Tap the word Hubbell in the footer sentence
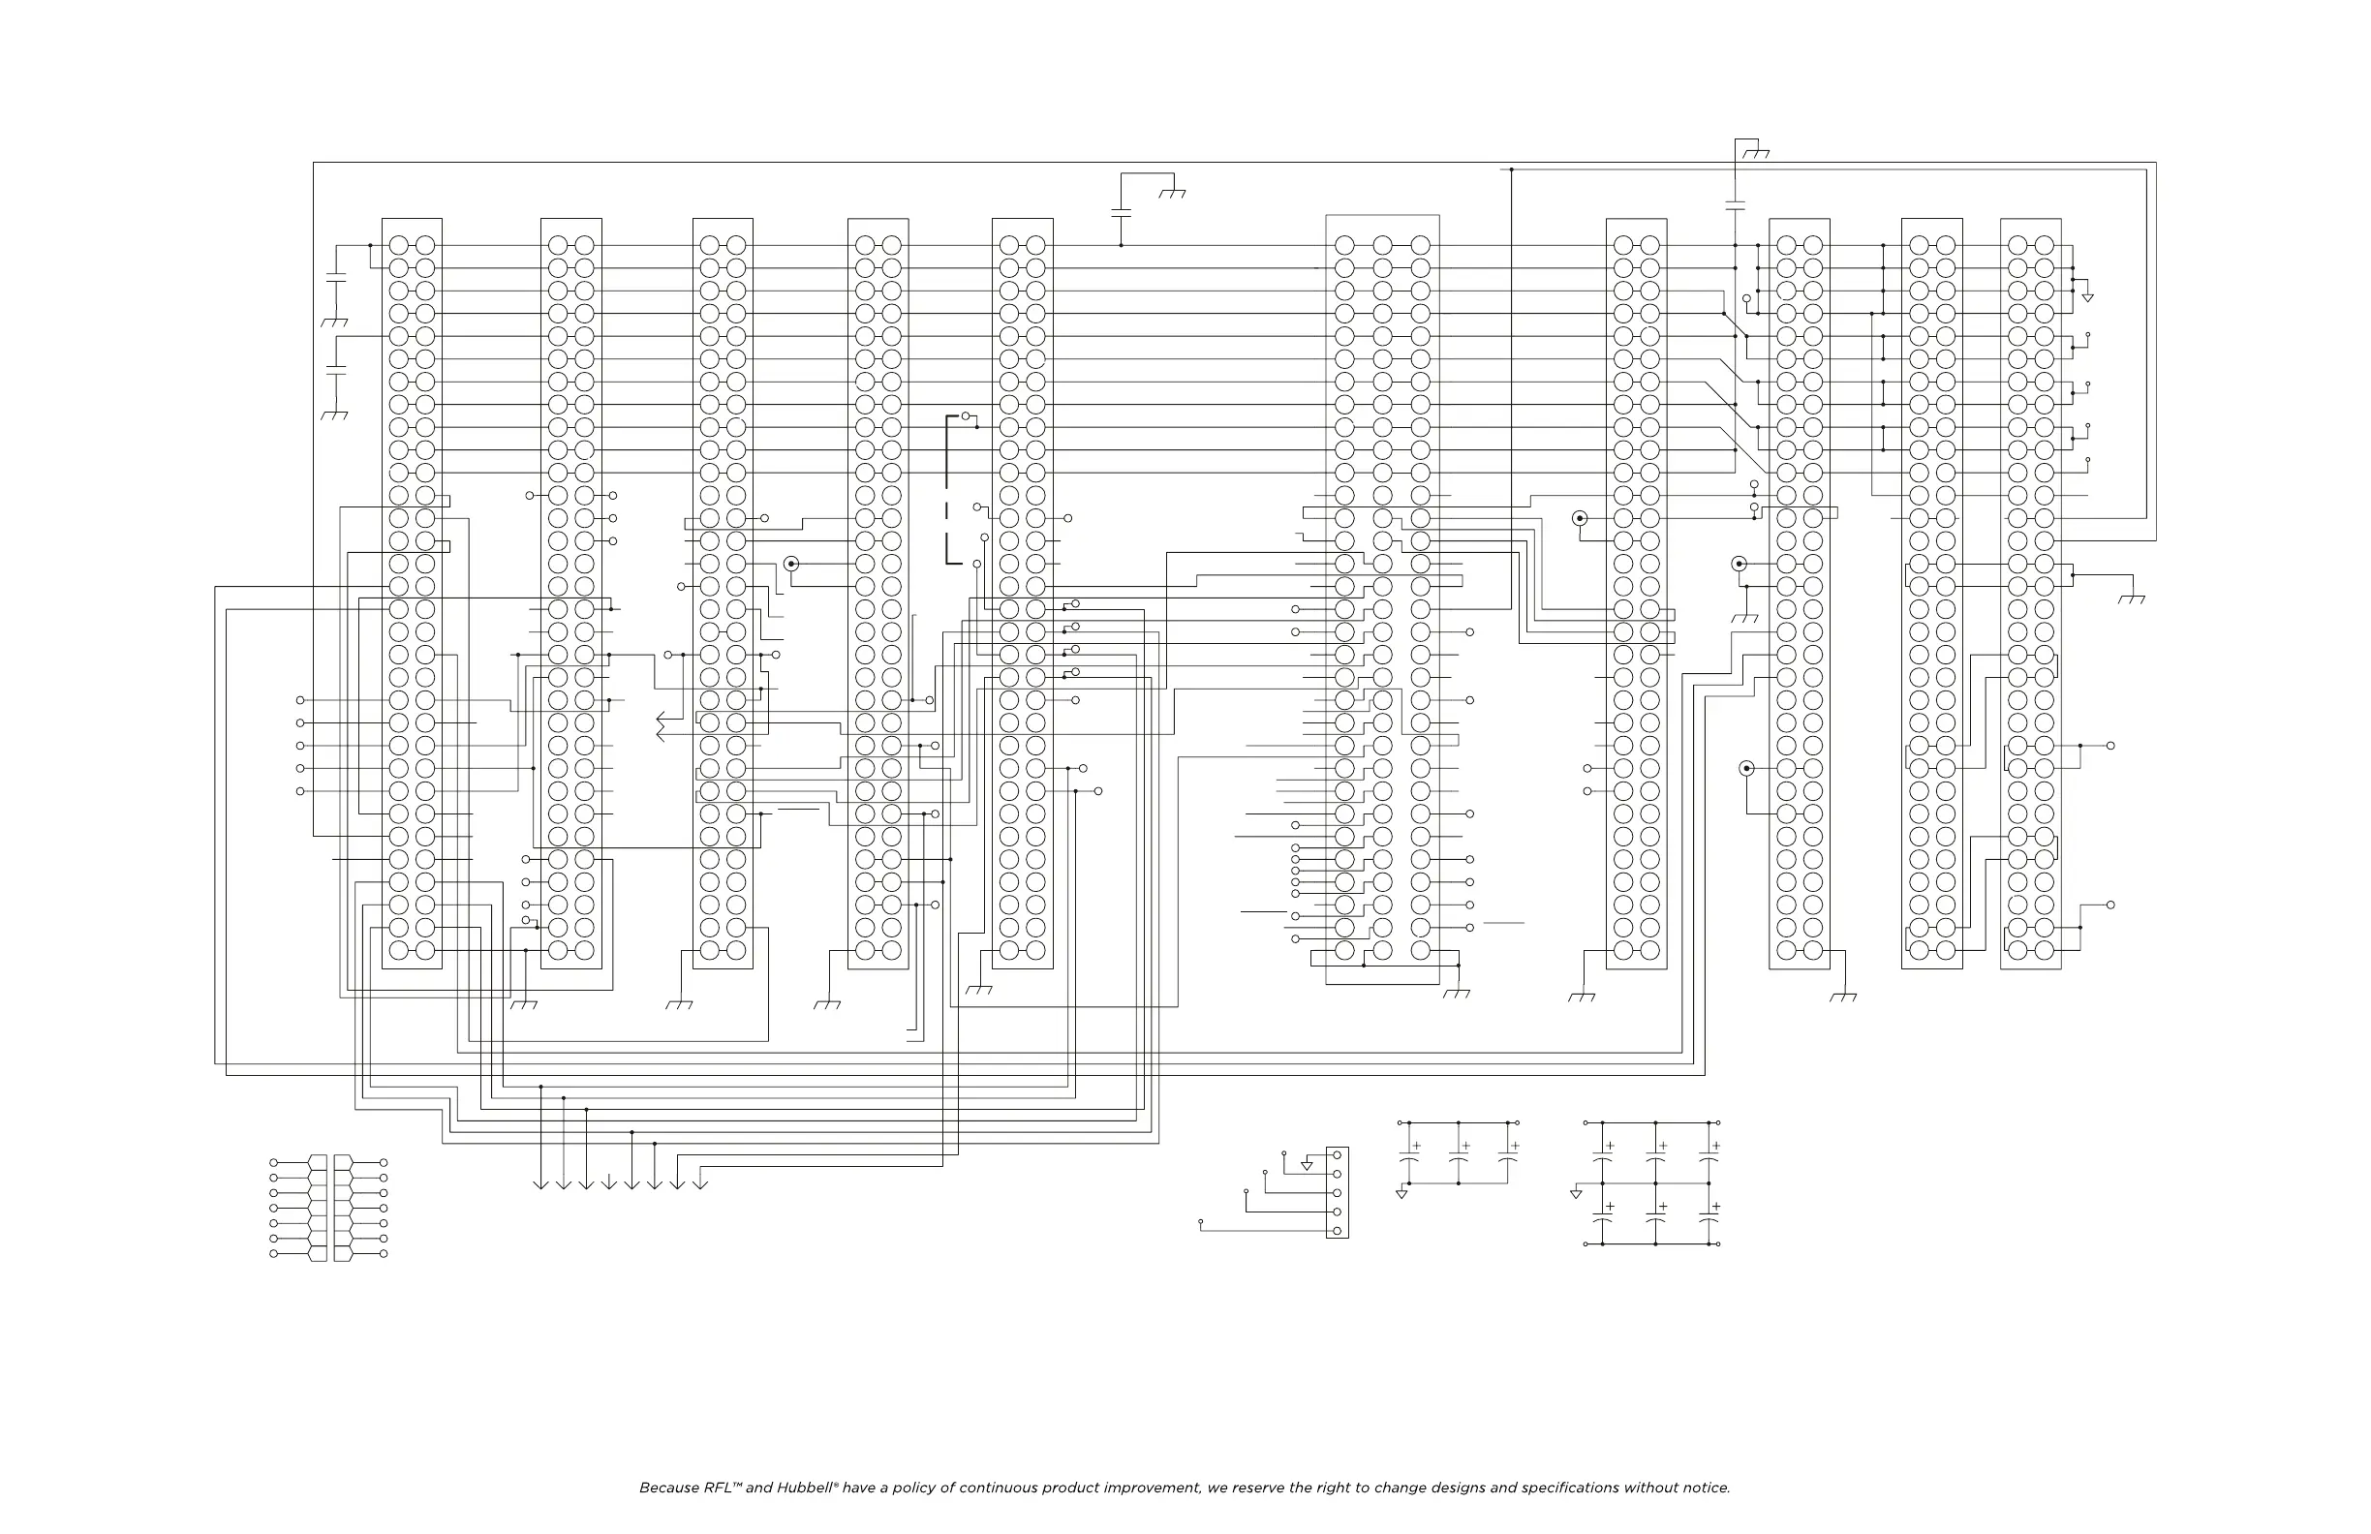click(805, 1488)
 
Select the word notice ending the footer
click(1705, 1488)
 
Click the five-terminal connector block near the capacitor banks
click(1337, 1193)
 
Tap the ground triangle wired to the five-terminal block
click(1307, 1165)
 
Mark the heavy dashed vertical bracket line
click(947, 488)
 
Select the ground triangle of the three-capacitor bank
click(1401, 1193)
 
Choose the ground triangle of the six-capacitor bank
click(1576, 1193)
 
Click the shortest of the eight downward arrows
click(608, 1182)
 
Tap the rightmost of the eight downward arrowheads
click(699, 1183)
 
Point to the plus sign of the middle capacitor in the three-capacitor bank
click(1465, 1147)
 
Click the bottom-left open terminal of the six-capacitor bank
click(1585, 1244)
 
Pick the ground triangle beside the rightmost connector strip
click(2088, 297)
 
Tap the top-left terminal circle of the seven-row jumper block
click(274, 1162)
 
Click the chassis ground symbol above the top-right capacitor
click(1756, 153)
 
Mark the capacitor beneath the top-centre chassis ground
click(1121, 212)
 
